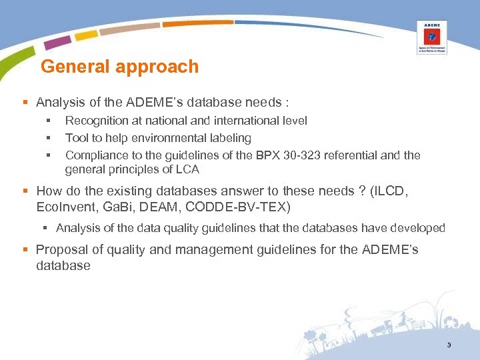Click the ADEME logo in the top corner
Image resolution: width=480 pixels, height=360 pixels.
(x=431, y=37)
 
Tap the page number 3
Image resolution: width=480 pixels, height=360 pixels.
(x=449, y=345)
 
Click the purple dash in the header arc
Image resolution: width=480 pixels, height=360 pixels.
(x=57, y=42)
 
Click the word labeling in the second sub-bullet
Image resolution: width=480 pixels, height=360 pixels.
(x=229, y=138)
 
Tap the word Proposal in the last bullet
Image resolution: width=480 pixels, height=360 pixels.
(x=60, y=250)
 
